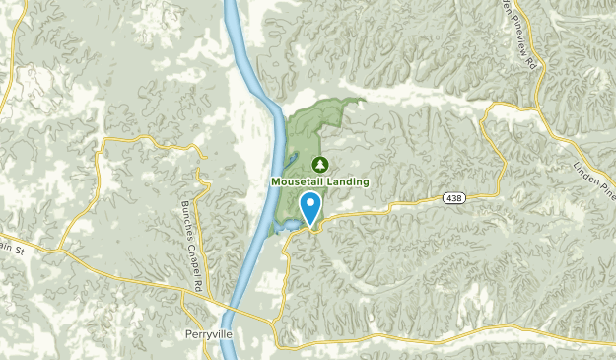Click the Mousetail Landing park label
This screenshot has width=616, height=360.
[320, 181]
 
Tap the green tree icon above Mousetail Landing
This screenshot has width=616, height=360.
[319, 164]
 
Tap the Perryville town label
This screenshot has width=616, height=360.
[208, 332]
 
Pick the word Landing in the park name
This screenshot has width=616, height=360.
[350, 181]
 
